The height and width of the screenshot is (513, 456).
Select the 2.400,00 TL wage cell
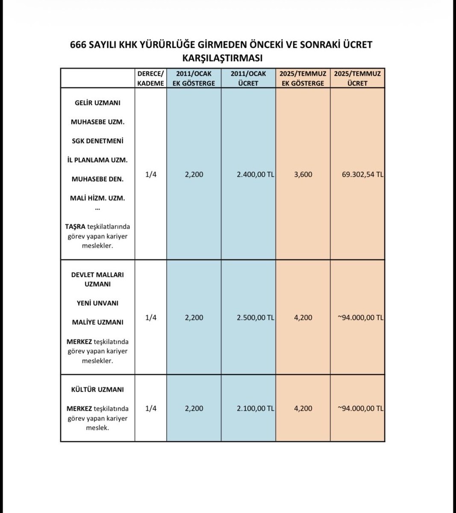[x=255, y=175]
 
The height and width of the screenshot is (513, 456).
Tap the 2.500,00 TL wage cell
[x=255, y=318]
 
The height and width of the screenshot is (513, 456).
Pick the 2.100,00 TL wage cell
[x=255, y=408]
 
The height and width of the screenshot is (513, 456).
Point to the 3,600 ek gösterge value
[x=303, y=175]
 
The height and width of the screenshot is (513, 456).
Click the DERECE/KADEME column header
[x=150, y=78]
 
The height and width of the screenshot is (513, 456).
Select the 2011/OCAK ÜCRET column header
[x=248, y=78]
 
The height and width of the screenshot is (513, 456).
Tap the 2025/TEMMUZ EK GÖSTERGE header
[x=303, y=78]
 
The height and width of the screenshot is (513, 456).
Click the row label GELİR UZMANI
[x=97, y=103]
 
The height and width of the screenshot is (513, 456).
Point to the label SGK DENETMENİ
[x=97, y=141]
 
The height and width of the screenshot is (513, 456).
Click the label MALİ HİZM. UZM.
[x=97, y=198]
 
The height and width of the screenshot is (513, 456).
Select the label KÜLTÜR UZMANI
[x=97, y=390]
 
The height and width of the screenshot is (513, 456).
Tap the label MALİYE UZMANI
[x=97, y=322]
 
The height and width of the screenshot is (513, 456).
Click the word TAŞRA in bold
[x=75, y=227]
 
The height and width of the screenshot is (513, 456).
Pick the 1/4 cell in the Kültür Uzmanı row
[x=150, y=408]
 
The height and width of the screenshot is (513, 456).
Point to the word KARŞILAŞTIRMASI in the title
[x=222, y=58]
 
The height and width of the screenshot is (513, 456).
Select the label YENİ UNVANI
[x=97, y=303]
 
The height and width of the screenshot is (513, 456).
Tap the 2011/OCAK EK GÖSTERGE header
[x=194, y=78]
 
